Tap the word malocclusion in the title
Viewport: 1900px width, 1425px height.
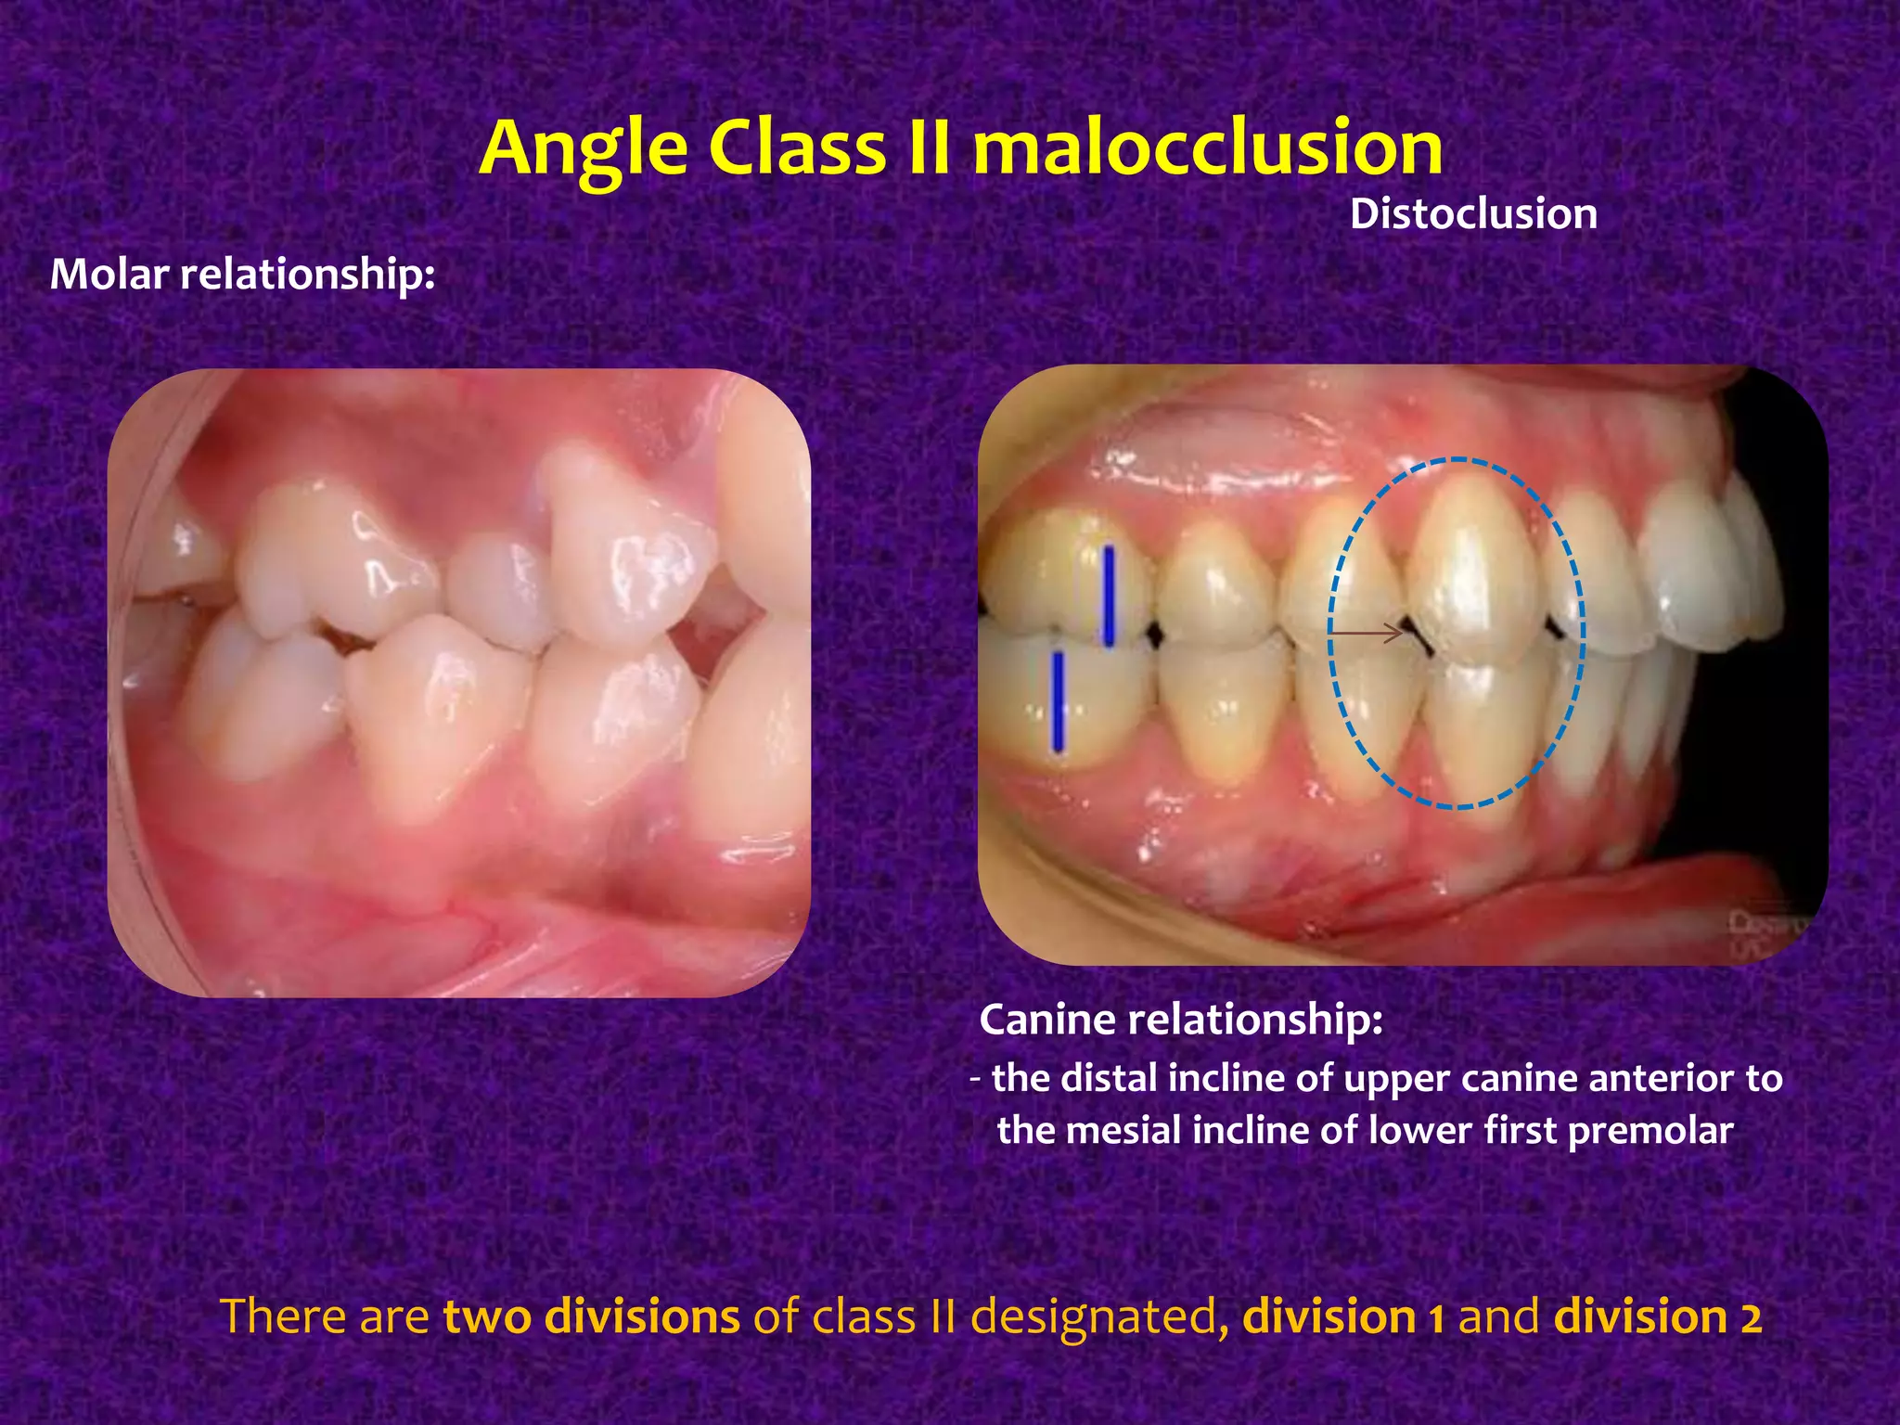coord(1207,148)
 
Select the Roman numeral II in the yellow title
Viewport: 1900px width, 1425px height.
coord(928,148)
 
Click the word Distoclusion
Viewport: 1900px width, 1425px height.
coord(1473,214)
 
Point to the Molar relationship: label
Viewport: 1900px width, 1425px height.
coord(242,275)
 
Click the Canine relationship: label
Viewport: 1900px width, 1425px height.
coord(1181,1020)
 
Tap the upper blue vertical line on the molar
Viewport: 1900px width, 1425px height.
coord(1108,597)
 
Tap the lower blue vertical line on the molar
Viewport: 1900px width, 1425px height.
coord(1058,700)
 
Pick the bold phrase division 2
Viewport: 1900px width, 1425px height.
coord(1657,1317)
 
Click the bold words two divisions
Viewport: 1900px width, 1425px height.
coord(591,1317)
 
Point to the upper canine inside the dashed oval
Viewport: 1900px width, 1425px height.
coord(1470,566)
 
